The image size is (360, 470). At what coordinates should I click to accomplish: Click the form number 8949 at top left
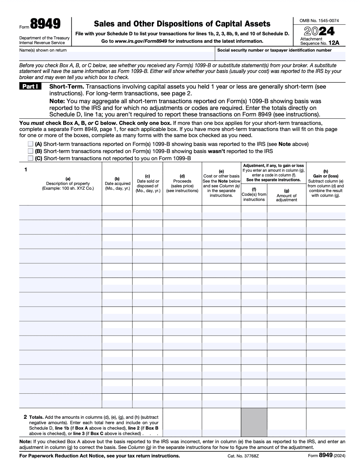click(45, 24)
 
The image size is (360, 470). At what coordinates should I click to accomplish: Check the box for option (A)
click(31, 144)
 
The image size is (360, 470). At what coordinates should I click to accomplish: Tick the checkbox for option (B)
click(31, 151)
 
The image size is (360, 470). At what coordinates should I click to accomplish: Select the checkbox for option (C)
click(31, 158)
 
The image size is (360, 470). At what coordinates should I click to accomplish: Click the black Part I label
click(30, 87)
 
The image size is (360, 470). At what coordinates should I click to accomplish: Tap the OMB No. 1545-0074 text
click(319, 21)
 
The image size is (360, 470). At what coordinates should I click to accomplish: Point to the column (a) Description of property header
click(68, 184)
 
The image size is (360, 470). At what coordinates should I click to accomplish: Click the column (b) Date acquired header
click(117, 184)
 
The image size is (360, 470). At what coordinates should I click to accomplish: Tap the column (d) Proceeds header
click(182, 184)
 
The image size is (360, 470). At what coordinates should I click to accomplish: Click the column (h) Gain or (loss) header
click(326, 184)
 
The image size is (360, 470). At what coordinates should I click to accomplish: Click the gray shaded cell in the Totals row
click(254, 422)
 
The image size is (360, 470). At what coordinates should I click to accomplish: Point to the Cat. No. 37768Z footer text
click(243, 456)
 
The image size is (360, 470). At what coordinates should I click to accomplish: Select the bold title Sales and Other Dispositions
click(182, 24)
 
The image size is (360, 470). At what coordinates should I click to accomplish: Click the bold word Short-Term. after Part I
click(67, 87)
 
